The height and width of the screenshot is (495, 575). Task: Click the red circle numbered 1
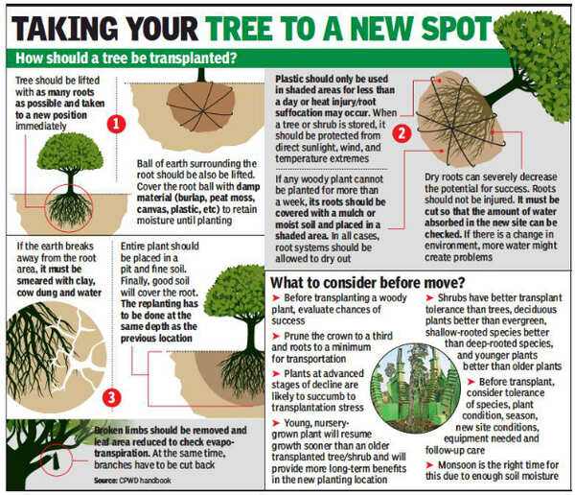pyautogui.click(x=116, y=124)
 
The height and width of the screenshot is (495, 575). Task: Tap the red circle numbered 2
pyautogui.click(x=402, y=133)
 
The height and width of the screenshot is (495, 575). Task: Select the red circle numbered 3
pyautogui.click(x=111, y=398)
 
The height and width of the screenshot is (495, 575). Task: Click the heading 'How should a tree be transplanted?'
pyautogui.click(x=126, y=59)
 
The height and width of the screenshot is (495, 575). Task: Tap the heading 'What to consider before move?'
pyautogui.click(x=367, y=283)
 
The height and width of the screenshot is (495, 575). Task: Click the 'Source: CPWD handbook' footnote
pyautogui.click(x=132, y=481)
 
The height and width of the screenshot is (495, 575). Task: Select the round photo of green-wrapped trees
pyautogui.click(x=416, y=389)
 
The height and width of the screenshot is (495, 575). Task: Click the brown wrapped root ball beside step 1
pyautogui.click(x=200, y=106)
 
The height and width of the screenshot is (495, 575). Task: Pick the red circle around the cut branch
pyautogui.click(x=57, y=460)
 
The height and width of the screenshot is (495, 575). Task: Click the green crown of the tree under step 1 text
pyautogui.click(x=70, y=152)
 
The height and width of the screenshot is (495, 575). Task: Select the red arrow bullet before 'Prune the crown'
pyautogui.click(x=276, y=337)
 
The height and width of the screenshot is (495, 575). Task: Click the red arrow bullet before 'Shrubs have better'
pyautogui.click(x=429, y=298)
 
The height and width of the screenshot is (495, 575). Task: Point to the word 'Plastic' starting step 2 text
pyautogui.click(x=289, y=79)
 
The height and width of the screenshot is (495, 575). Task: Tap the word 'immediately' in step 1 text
pyautogui.click(x=40, y=127)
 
